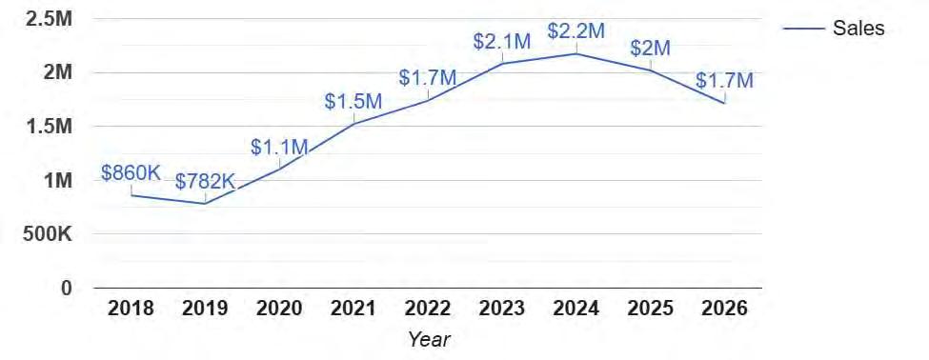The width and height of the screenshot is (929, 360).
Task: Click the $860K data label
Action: (x=131, y=173)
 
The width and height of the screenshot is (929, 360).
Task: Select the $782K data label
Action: (x=205, y=182)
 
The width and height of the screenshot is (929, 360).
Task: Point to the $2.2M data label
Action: (x=576, y=31)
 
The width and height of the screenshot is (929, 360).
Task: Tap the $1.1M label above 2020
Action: (x=279, y=148)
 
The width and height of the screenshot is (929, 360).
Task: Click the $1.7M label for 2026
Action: (x=724, y=81)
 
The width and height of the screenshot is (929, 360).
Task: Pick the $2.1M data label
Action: (x=502, y=42)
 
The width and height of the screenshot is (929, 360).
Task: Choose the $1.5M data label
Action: (x=353, y=101)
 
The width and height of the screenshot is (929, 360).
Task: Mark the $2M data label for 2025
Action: (x=650, y=49)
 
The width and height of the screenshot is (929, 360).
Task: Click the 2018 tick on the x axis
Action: (x=131, y=309)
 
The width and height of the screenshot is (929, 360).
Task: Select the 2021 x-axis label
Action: (x=353, y=309)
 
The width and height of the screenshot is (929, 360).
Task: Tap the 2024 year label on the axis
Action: (x=576, y=309)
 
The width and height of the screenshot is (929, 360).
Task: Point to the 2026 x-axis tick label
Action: (x=724, y=309)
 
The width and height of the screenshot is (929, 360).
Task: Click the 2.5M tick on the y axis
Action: (x=49, y=19)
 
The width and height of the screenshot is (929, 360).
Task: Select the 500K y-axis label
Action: (x=48, y=234)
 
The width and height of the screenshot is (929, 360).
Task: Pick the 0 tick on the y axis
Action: (x=67, y=289)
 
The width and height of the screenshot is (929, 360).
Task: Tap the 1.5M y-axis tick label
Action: (x=49, y=127)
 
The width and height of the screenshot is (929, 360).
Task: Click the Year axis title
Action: (x=429, y=339)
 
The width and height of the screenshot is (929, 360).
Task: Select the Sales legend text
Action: (x=858, y=28)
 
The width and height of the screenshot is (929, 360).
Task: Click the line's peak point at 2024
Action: (x=576, y=54)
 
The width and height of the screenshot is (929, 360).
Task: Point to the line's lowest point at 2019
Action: (x=205, y=204)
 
